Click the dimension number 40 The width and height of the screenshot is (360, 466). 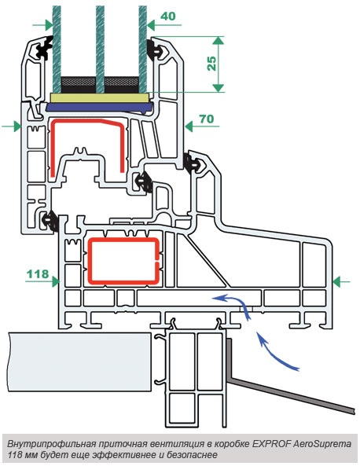click(x=168, y=16)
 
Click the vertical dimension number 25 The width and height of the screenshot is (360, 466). click(x=211, y=64)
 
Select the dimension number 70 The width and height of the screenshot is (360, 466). click(x=207, y=119)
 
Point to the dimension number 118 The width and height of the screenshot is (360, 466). click(x=38, y=273)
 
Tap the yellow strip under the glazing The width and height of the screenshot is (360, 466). click(x=99, y=98)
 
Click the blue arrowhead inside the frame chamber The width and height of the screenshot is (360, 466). click(x=219, y=298)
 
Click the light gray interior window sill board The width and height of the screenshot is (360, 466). click(x=79, y=361)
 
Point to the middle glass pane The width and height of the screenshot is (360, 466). click(x=100, y=49)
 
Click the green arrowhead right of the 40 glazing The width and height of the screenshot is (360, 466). click(x=151, y=26)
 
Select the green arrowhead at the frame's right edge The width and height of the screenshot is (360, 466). click(x=337, y=281)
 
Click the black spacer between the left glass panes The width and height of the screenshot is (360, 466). click(x=79, y=85)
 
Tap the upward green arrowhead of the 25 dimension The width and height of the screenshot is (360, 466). click(x=219, y=40)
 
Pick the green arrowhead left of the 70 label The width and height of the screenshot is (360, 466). click(x=189, y=127)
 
